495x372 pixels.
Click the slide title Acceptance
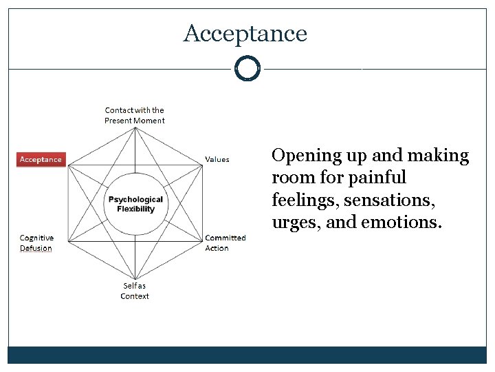point(245,33)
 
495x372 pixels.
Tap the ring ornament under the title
point(247,69)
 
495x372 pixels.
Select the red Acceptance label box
point(41,159)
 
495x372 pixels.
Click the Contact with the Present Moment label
point(135,115)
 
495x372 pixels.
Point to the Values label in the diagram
point(217,159)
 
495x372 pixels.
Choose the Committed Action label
point(225,242)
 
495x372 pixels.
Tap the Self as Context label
point(135,291)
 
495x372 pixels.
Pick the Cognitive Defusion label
point(36,242)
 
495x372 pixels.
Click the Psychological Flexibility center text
point(135,204)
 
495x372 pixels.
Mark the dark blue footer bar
point(247,355)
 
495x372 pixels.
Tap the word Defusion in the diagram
point(36,248)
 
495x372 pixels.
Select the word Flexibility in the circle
point(136,209)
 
